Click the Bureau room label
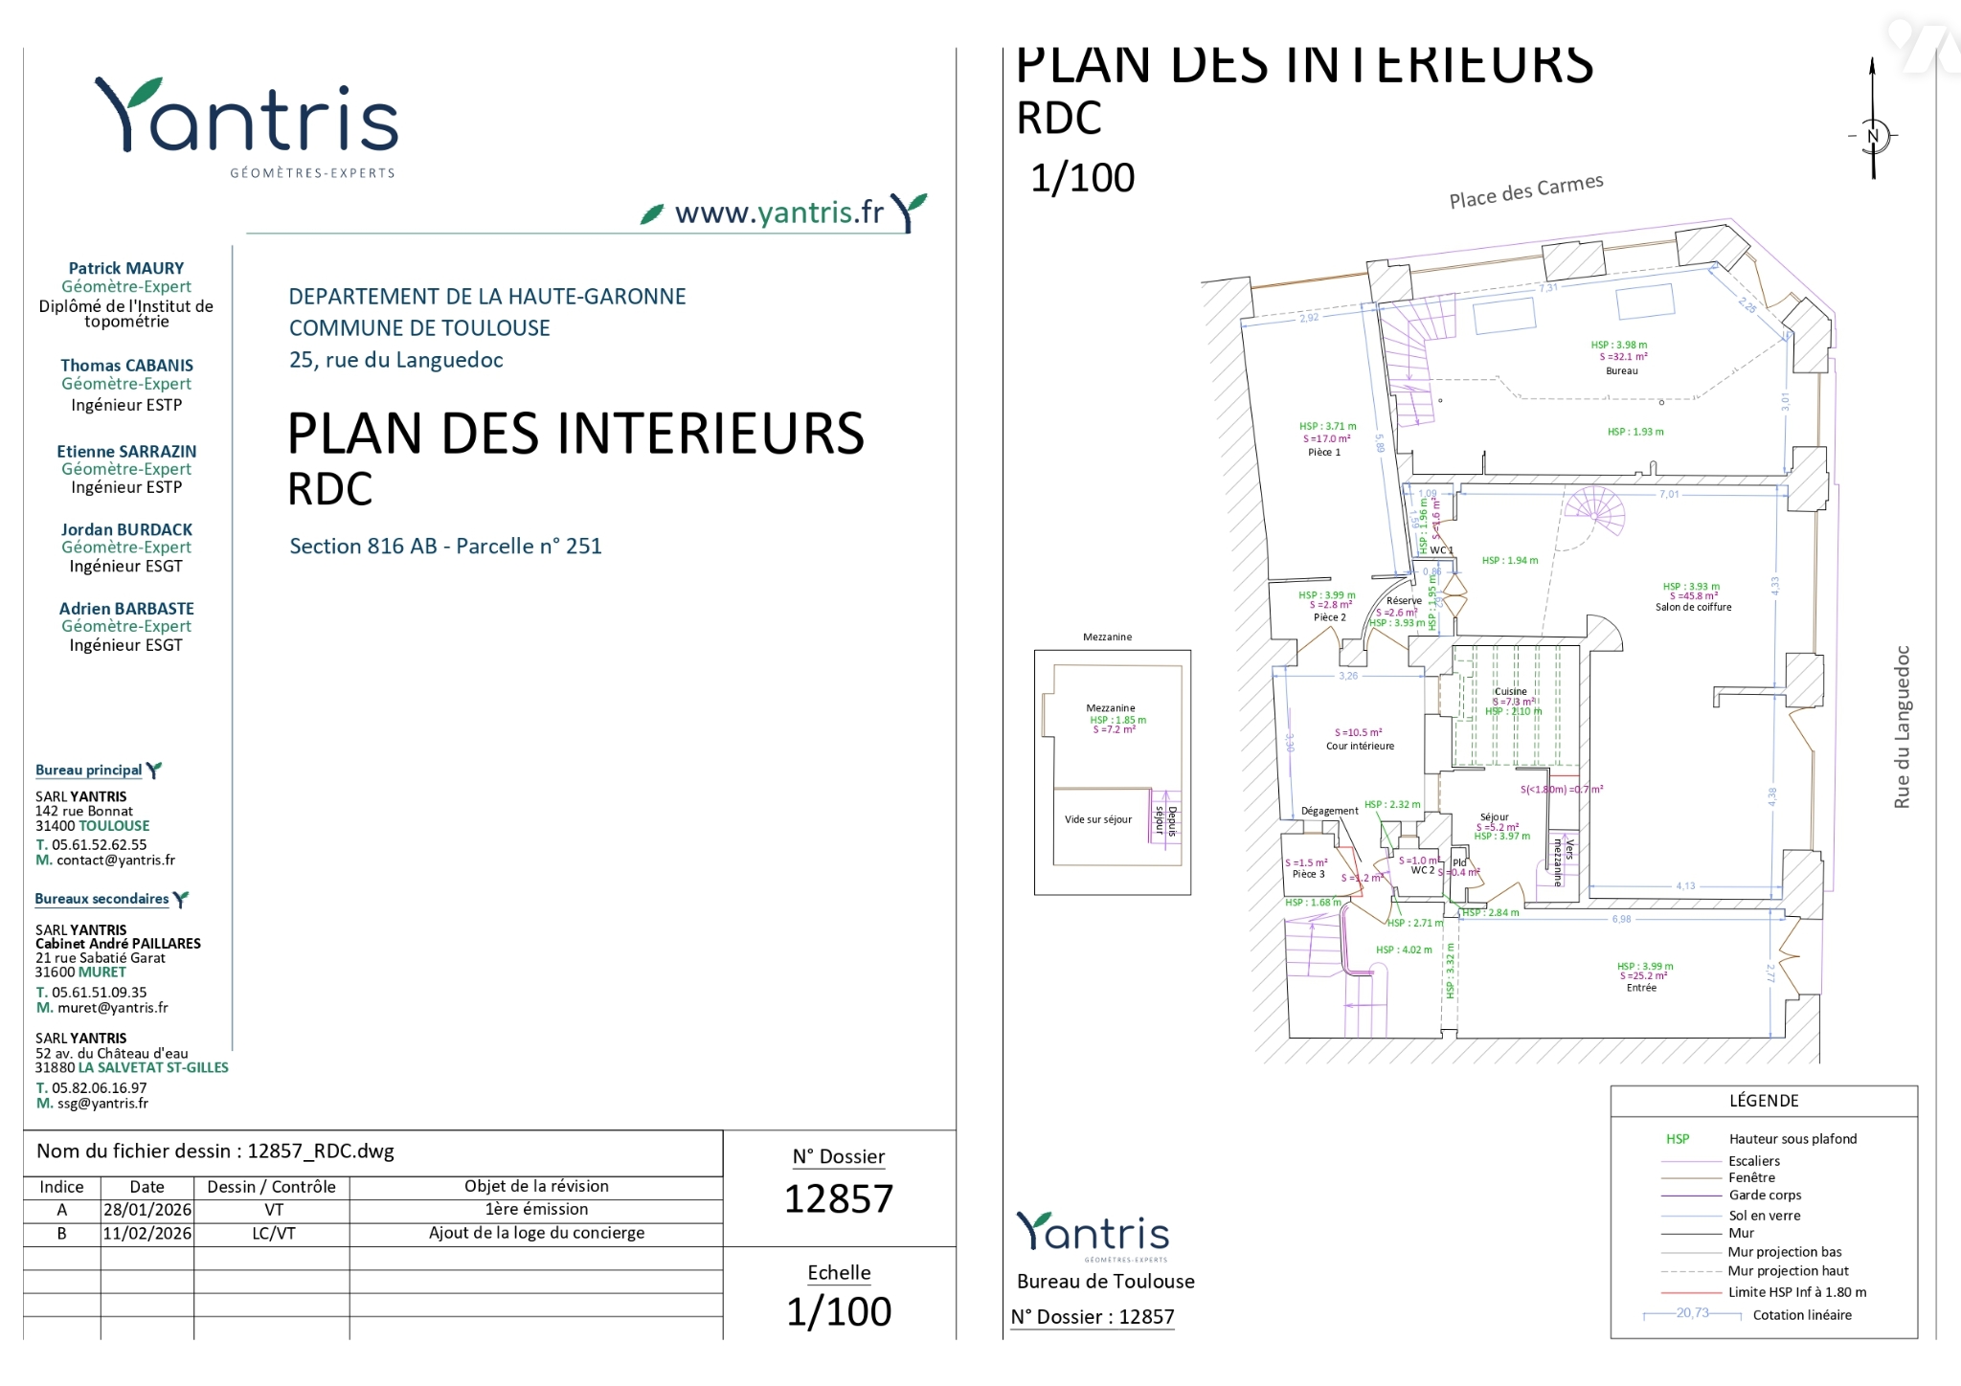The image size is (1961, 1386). [1621, 371]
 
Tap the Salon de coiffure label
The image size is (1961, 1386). [1693, 607]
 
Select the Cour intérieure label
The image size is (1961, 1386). [1360, 746]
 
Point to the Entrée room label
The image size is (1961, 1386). [1641, 988]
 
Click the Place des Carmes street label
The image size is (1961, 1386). [1525, 191]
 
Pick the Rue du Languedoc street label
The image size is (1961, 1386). [1902, 727]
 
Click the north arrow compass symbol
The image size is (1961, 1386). [1874, 135]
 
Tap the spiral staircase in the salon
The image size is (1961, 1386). [1594, 512]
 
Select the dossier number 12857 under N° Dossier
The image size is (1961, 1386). [839, 1198]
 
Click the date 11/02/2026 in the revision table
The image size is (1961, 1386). [147, 1234]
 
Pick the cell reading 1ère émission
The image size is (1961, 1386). [536, 1210]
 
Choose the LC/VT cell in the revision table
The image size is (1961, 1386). [273, 1234]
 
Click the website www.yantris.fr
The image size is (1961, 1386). [778, 212]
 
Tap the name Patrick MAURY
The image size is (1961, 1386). [126, 269]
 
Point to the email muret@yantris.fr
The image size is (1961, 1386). [112, 1008]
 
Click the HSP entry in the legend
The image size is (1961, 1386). [1678, 1139]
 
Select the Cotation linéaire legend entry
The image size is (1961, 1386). [1801, 1315]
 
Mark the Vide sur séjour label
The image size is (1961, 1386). [1097, 819]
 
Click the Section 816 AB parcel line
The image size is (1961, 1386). [445, 547]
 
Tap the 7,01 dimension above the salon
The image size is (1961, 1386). [1669, 495]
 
